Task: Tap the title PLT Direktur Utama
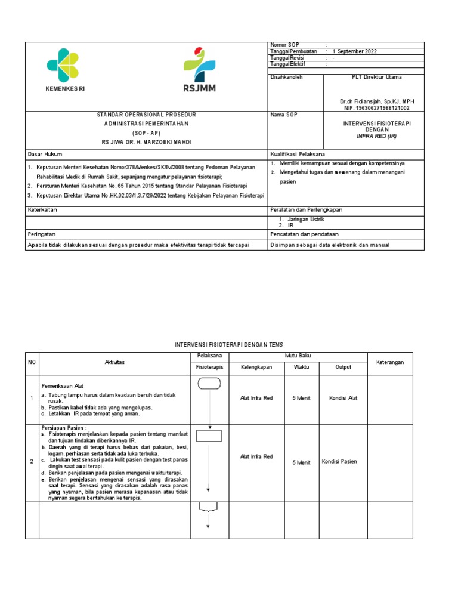point(377,77)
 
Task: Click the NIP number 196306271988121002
point(377,108)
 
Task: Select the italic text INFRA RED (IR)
point(376,136)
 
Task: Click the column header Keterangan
point(390,362)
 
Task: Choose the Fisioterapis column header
point(209,367)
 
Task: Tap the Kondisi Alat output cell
point(343,398)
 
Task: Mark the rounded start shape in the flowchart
point(209,384)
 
